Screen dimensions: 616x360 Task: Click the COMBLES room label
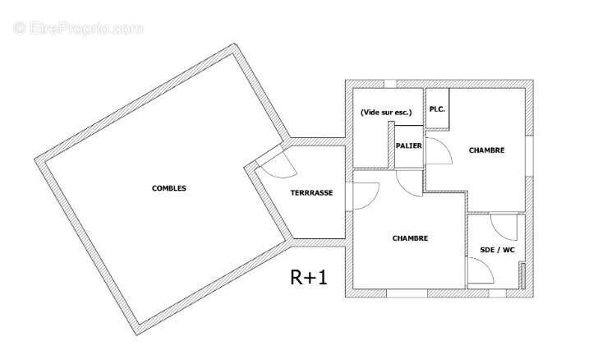[x=169, y=188]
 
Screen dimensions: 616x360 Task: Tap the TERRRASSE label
[x=311, y=193]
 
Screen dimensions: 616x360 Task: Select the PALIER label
[x=408, y=145]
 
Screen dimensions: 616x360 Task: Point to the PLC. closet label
[x=437, y=109]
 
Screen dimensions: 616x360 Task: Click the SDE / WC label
[x=497, y=250]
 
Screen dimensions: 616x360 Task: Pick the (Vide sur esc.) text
[x=386, y=113]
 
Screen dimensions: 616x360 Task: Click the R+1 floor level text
[x=308, y=277]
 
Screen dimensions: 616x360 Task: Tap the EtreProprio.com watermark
[x=79, y=29]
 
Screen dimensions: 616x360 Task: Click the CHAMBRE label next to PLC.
[x=486, y=150]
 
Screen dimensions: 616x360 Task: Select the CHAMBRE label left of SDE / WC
[x=410, y=238]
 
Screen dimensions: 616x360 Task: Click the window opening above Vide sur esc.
[x=390, y=84]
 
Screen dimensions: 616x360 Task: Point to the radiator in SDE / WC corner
[x=522, y=275]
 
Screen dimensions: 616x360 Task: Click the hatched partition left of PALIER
[x=391, y=145]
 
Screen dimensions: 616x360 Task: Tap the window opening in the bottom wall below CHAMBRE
[x=407, y=293]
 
